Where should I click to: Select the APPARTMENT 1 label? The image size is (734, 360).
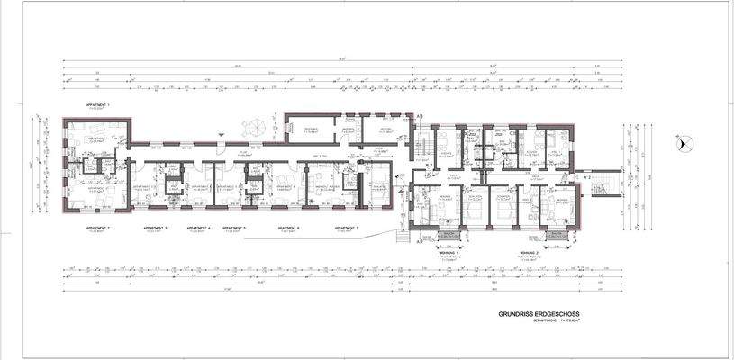click(96, 106)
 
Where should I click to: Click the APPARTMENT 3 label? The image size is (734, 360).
click(155, 229)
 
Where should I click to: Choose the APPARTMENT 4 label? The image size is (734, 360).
click(196, 229)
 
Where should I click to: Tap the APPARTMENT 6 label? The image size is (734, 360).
click(288, 229)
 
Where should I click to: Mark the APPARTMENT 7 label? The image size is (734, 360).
click(347, 229)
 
